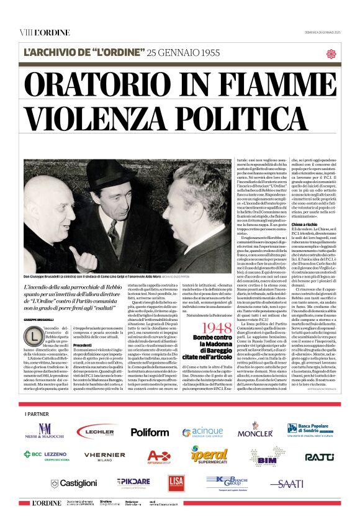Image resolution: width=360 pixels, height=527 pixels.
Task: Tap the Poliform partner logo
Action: click(150, 431)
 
